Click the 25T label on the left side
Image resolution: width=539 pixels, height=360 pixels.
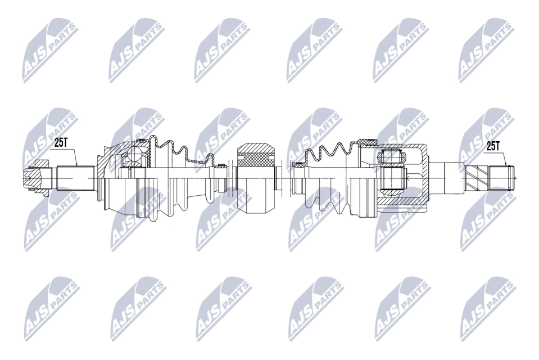pos(61,143)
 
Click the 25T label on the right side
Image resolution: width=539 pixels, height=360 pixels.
pos(492,146)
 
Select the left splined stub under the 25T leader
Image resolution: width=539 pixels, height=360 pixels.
pos(76,178)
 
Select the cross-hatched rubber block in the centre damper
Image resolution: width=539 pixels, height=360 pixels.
pos(256,161)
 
